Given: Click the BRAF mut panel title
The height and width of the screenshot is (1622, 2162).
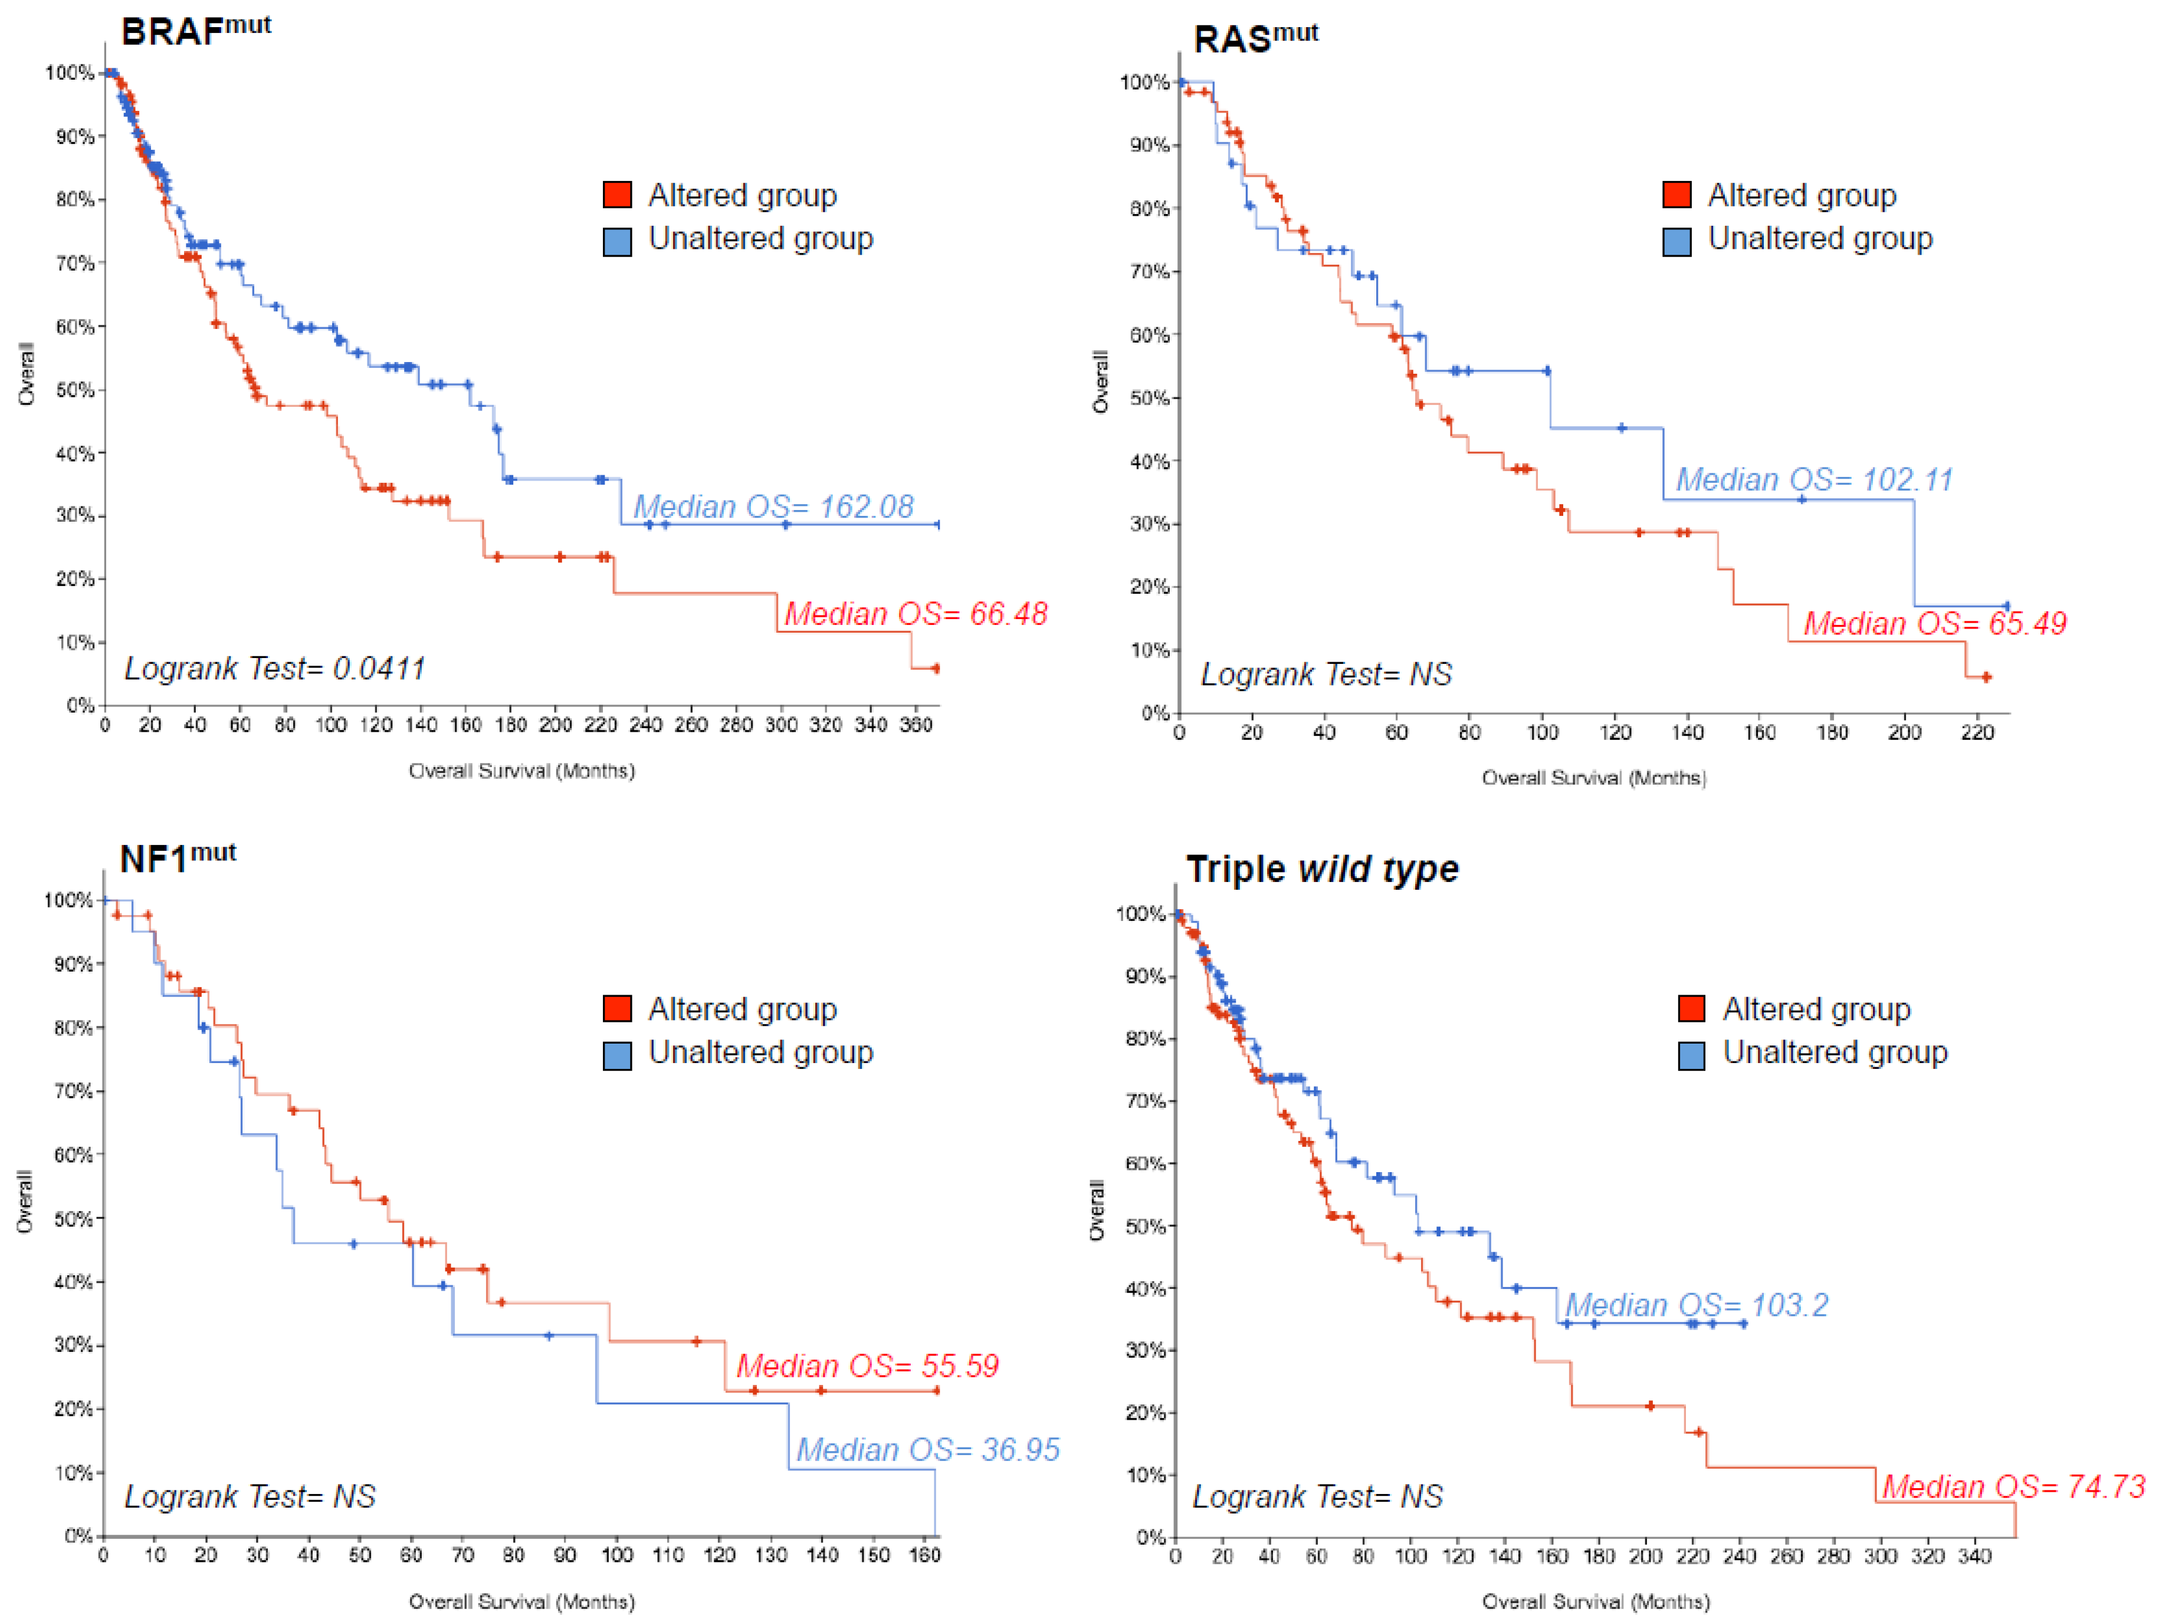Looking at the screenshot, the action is coord(195,29).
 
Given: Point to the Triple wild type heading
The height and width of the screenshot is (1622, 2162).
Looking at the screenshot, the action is coord(1323,868).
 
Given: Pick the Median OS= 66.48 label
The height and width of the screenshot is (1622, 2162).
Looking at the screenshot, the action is coord(916,614).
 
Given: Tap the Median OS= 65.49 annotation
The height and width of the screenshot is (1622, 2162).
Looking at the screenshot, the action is coord(1935,623).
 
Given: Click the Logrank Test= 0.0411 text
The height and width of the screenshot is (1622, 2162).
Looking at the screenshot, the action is coord(275,669).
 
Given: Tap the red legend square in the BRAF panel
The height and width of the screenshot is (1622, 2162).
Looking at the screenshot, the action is coord(616,195).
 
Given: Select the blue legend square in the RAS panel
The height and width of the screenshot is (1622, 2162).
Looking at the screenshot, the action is coord(1677,241).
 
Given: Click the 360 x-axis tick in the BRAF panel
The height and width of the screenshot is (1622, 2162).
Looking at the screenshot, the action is coord(916,725).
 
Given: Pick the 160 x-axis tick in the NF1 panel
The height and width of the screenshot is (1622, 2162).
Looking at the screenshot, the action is coord(924,1555).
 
